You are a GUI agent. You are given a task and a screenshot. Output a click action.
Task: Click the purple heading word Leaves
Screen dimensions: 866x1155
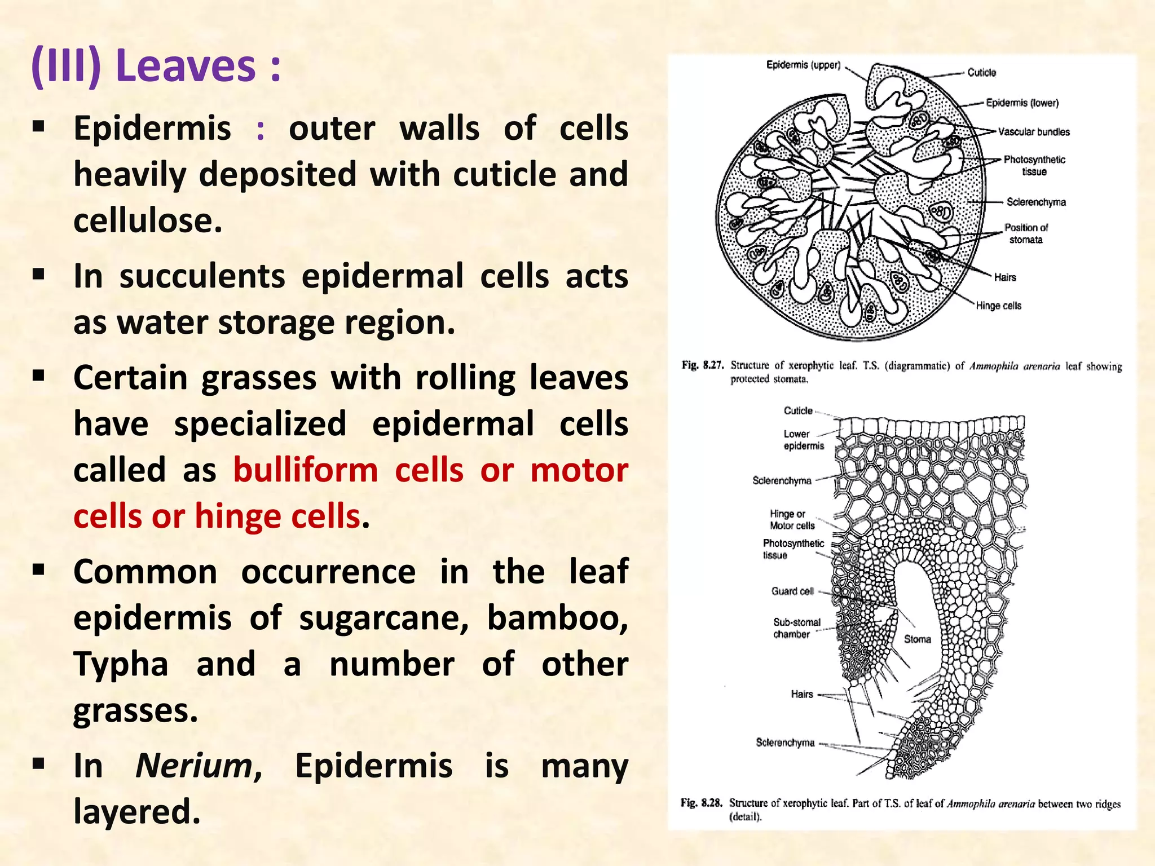[x=186, y=67]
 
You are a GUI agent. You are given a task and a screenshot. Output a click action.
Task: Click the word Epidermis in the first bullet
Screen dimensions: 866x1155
[x=152, y=129]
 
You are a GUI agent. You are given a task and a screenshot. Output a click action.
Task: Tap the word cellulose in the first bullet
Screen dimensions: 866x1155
[x=148, y=220]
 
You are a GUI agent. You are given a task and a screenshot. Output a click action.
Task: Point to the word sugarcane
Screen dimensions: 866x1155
[x=383, y=618]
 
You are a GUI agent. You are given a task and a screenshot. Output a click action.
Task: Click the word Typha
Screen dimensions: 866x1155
[x=121, y=664]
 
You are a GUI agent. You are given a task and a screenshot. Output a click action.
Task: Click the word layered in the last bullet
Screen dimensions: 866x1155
[x=136, y=812]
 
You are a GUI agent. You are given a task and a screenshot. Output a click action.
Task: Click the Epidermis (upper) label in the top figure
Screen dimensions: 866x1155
[x=803, y=65]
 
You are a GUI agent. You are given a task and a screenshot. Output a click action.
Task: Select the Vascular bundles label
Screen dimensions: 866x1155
[x=1034, y=132]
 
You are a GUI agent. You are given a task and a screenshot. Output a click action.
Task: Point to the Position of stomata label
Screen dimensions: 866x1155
[x=1026, y=233]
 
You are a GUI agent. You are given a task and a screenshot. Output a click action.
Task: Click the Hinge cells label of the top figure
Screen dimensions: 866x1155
[x=998, y=306]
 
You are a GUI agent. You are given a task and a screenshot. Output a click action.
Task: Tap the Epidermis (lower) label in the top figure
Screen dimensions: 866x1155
[x=1022, y=103]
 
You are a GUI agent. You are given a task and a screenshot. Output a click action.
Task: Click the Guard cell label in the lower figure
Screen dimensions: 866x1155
[x=792, y=591]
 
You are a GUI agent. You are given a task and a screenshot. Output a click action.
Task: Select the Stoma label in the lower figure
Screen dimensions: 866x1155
[x=917, y=639]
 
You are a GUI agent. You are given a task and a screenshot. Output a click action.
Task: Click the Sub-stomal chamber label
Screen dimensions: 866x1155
[x=796, y=628]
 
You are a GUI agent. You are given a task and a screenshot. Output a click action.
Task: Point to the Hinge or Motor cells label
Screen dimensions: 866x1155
[x=792, y=520]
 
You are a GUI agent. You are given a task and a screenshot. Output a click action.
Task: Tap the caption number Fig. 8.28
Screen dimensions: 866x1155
[x=701, y=802]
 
